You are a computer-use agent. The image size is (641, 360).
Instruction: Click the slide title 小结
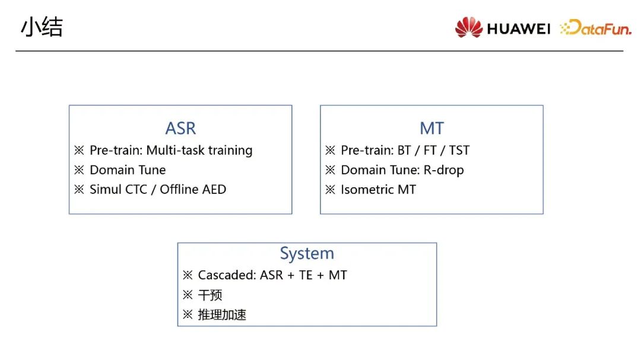point(42,27)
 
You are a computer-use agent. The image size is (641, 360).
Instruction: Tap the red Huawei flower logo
point(468,27)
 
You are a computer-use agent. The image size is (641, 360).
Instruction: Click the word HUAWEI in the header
point(518,28)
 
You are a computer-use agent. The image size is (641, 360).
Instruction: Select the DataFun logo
point(596,27)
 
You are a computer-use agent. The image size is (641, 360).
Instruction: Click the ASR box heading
point(180,128)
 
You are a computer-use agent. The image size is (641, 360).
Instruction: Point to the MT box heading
point(431,128)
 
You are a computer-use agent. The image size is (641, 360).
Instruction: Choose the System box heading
point(307,253)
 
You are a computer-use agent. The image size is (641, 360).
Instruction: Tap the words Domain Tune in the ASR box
point(128,170)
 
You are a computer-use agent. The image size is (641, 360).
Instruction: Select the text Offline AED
point(193,190)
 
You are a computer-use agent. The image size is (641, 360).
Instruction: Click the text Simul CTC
point(118,190)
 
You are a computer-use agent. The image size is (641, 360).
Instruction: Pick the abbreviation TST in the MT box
point(459,151)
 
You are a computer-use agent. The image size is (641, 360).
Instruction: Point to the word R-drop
point(443,170)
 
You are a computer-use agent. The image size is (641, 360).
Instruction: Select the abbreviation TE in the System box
point(306,275)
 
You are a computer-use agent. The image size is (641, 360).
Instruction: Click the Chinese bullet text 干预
point(210,295)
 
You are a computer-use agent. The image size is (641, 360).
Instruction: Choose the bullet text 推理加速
point(222,315)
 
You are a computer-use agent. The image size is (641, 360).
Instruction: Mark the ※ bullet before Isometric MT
point(330,190)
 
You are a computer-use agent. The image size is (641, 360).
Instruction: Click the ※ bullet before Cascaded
point(187,275)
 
